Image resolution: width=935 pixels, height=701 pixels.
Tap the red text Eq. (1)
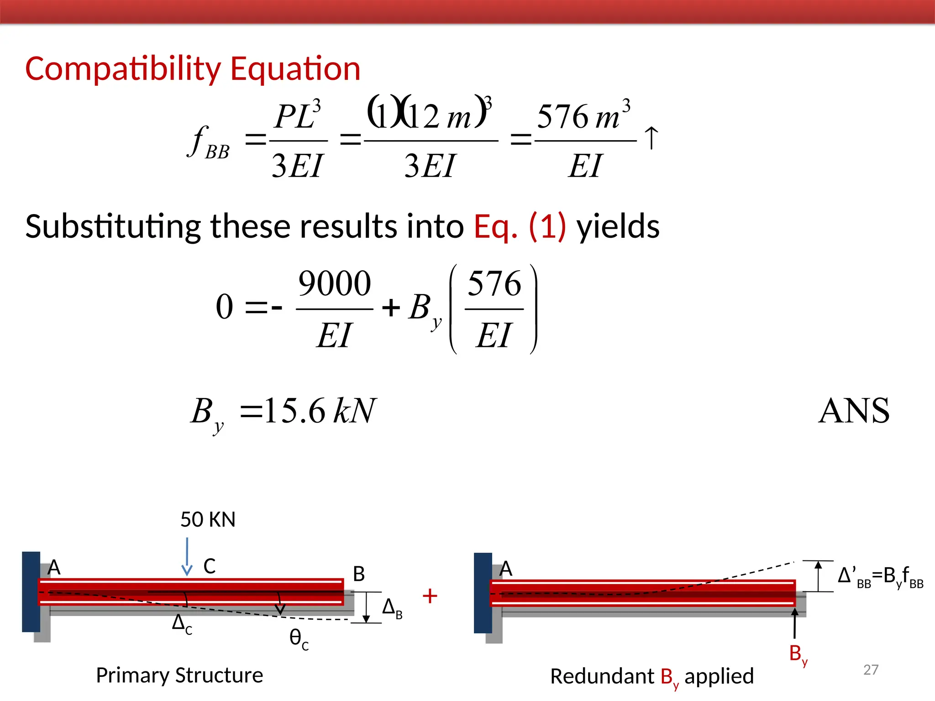pos(520,227)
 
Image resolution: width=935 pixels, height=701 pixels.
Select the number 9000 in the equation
pos(334,284)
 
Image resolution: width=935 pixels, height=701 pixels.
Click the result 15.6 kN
pos(320,411)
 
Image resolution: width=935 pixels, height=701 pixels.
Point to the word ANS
pos(854,411)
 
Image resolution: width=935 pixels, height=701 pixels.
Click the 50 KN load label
pos(208,520)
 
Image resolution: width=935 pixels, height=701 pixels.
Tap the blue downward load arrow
pos(187,557)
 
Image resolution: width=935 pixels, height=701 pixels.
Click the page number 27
pos(871,670)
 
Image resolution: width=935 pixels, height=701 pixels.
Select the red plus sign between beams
pos(430,596)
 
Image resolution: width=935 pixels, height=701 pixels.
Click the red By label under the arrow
pos(798,654)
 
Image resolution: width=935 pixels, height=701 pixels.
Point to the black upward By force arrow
pos(795,623)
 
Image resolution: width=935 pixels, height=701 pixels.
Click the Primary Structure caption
pos(179,675)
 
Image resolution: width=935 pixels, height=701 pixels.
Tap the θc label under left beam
pos(299,638)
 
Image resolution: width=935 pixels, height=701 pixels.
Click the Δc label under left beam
pos(182,623)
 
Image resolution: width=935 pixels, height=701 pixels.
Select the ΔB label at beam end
pos(392,608)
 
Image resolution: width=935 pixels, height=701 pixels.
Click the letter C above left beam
pos(210,566)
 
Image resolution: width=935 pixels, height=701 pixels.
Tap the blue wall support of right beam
pos(483,593)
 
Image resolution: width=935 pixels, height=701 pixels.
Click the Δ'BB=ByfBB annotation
pos(880,577)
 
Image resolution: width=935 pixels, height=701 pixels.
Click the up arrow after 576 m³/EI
pos(651,138)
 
